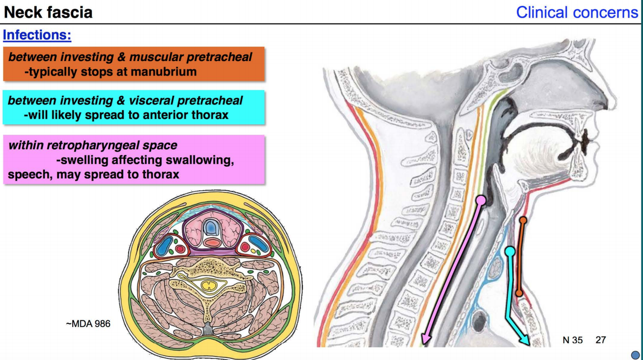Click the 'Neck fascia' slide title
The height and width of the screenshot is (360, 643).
pyautogui.click(x=48, y=12)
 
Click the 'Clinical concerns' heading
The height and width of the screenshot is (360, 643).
pyautogui.click(x=576, y=12)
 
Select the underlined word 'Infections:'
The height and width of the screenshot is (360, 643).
pyautogui.click(x=37, y=35)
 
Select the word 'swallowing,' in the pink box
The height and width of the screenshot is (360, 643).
pyautogui.click(x=201, y=160)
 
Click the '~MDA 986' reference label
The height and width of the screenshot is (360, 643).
pyautogui.click(x=88, y=324)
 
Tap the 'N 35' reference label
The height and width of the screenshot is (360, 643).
pyautogui.click(x=573, y=340)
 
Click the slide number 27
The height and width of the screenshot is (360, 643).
pyautogui.click(x=601, y=340)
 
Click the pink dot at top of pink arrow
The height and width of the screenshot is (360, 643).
pyautogui.click(x=481, y=200)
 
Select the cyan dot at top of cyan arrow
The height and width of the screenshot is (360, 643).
pyautogui.click(x=510, y=251)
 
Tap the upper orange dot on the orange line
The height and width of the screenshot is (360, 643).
pyautogui.click(x=522, y=220)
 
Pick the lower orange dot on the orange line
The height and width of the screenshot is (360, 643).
pyautogui.click(x=519, y=293)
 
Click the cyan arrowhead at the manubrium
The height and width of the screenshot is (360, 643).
pyautogui.click(x=524, y=341)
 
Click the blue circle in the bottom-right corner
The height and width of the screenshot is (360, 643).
pyautogui.click(x=635, y=355)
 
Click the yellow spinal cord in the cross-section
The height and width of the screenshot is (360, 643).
pyautogui.click(x=209, y=285)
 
